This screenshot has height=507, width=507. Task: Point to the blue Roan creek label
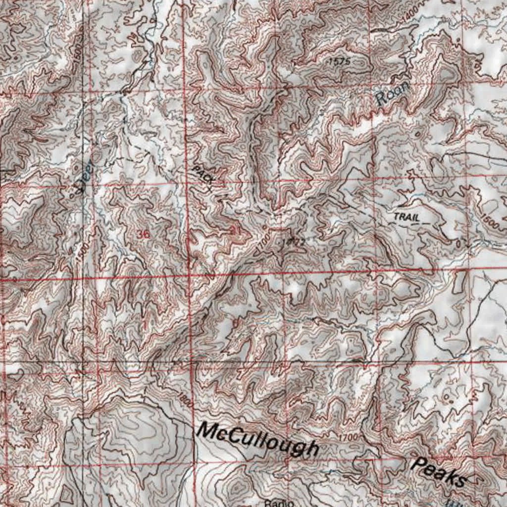pos(392,93)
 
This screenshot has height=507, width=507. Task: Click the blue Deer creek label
pos(86,176)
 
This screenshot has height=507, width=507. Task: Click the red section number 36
pos(143,234)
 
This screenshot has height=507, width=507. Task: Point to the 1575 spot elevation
pos(339,61)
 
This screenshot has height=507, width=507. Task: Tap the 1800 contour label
pos(185,399)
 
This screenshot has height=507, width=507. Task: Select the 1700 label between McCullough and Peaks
pos(349,438)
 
